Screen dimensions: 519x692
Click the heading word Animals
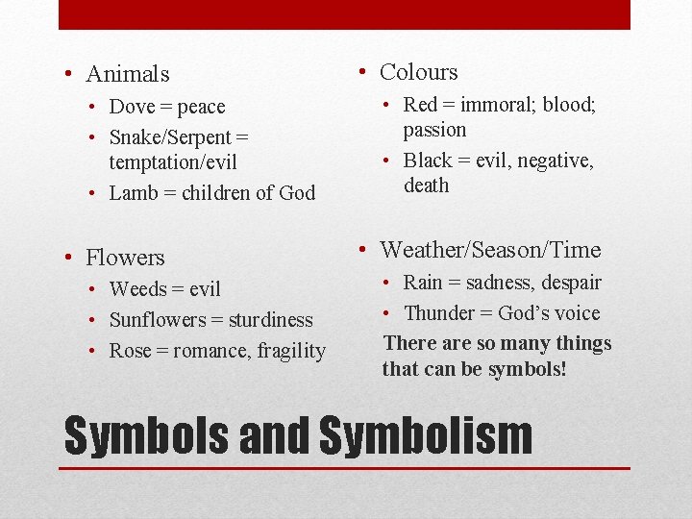coord(127,74)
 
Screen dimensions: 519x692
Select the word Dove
coord(132,107)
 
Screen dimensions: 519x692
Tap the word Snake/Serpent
coord(170,137)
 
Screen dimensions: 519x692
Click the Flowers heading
coord(125,258)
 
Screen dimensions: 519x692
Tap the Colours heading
coord(419,72)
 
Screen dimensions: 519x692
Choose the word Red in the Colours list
coord(420,105)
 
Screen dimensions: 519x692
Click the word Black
coord(428,161)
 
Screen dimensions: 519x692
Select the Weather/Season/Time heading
coord(490,251)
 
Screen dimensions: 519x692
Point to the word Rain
coord(423,283)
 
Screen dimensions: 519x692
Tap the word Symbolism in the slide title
coord(425,434)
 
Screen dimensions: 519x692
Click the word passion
coord(434,130)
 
